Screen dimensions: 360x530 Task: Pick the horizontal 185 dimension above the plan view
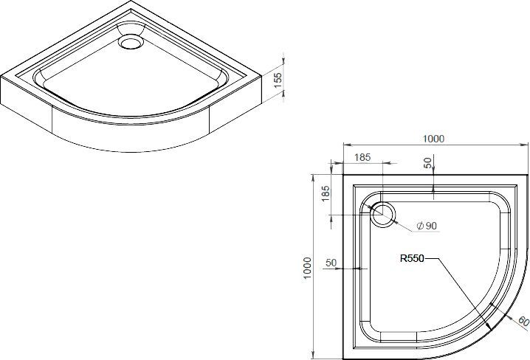tap(363, 157)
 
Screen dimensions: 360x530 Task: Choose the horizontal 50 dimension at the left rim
tap(331, 262)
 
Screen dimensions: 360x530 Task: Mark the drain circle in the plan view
tap(384, 215)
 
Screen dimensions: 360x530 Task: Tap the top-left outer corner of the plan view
tap(343, 176)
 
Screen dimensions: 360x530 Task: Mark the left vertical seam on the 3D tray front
tap(54, 117)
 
